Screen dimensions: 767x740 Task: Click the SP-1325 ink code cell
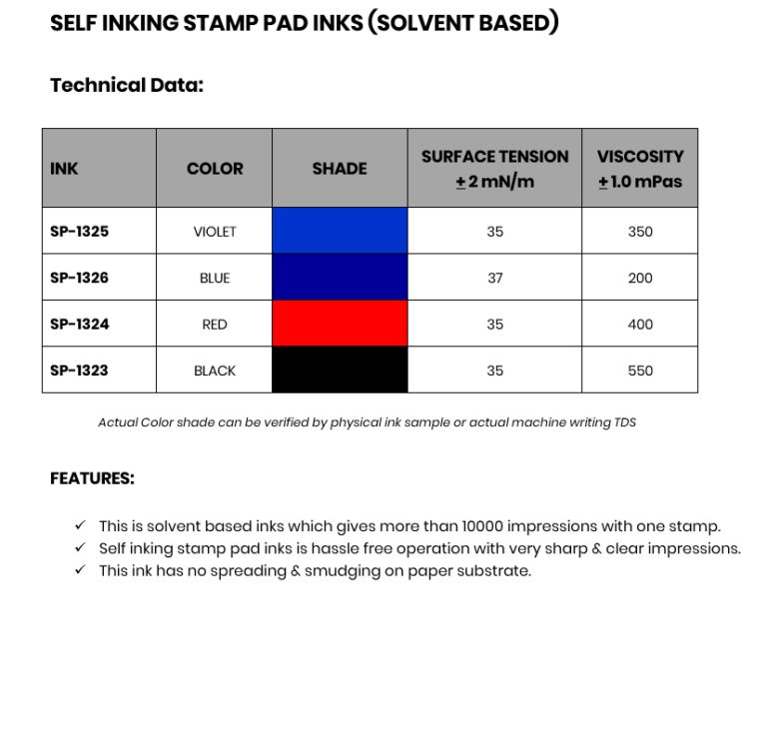[x=79, y=232]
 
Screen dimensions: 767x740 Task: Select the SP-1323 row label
[x=79, y=370]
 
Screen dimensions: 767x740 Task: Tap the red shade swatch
[x=340, y=324]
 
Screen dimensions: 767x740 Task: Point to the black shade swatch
[x=340, y=370]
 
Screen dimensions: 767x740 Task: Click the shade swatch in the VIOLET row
[x=340, y=231]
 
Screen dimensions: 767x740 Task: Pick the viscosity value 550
[x=640, y=370]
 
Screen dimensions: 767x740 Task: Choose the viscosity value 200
[x=640, y=278]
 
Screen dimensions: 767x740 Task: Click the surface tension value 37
[x=495, y=278]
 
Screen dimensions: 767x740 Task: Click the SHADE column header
[x=340, y=169]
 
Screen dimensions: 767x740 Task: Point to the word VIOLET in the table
[x=215, y=232]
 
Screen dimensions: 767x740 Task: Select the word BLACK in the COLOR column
[x=215, y=370]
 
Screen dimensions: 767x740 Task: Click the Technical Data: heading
[x=127, y=85]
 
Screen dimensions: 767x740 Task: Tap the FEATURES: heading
[x=92, y=478]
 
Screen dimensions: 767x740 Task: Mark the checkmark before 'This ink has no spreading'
[x=80, y=570]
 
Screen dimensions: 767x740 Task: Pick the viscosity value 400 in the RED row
[x=640, y=325]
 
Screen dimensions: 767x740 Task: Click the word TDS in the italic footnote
[x=625, y=422]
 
